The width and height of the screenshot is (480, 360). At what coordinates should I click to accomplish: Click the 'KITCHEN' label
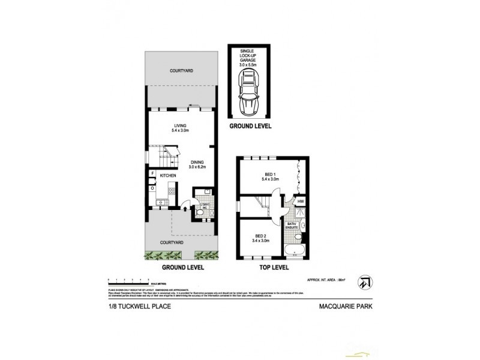(168, 175)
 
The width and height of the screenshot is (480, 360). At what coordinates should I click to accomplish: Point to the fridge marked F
(152, 175)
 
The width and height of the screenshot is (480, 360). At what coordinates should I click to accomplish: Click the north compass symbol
(364, 282)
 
